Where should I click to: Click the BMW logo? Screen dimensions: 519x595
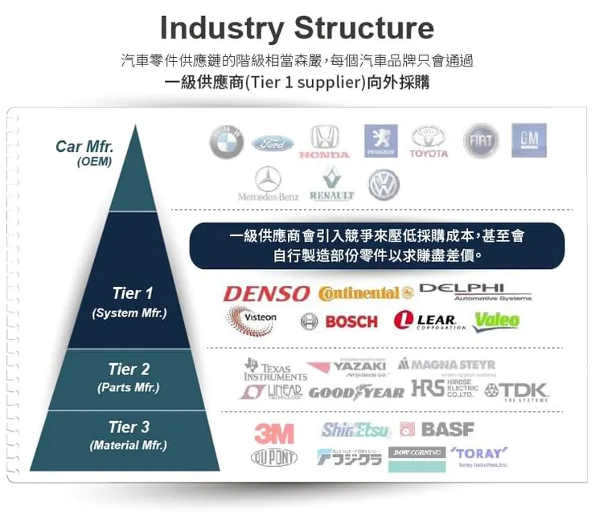(227, 142)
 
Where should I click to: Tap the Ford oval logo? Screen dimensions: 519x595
(273, 144)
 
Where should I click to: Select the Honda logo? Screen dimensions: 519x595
(325, 141)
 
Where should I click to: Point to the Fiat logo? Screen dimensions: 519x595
(481, 141)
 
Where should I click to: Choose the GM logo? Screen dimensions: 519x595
(528, 140)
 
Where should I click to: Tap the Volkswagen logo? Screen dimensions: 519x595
(384, 184)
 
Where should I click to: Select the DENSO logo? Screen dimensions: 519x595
(266, 294)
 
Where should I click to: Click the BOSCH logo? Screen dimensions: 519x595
(341, 321)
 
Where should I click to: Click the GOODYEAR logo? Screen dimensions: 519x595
(356, 392)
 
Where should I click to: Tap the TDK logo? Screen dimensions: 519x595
(516, 391)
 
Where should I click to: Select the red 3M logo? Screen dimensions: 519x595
(274, 433)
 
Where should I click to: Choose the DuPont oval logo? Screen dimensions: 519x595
(273, 457)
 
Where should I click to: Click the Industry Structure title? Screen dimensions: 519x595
(297, 27)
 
